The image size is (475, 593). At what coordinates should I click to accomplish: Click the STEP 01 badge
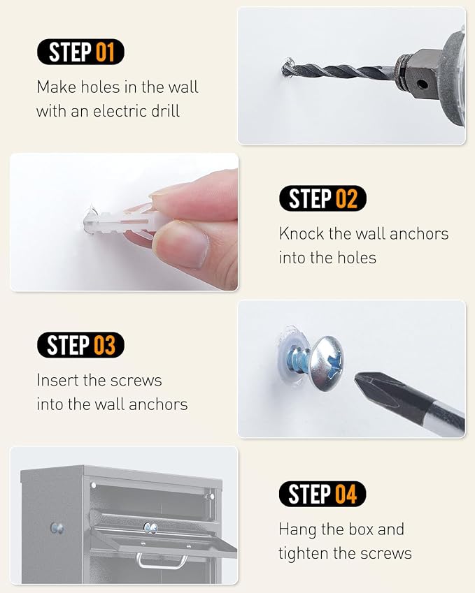point(80,52)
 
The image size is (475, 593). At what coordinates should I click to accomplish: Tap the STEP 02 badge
point(322,198)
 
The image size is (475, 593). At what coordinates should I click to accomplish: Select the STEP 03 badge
point(80,345)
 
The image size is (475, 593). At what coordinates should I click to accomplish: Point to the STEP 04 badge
point(322,494)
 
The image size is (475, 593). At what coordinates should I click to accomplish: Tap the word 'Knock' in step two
point(302,234)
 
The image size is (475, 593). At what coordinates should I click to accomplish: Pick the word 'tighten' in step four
point(304,554)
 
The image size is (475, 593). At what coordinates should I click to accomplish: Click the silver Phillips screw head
point(327,363)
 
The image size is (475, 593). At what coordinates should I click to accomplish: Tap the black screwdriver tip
point(394,393)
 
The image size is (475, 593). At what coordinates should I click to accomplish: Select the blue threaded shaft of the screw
point(299,361)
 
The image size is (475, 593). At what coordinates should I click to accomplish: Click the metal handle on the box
point(162,561)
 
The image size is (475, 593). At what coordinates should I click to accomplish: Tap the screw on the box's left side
point(57,528)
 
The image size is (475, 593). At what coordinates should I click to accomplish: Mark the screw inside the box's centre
point(151,527)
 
